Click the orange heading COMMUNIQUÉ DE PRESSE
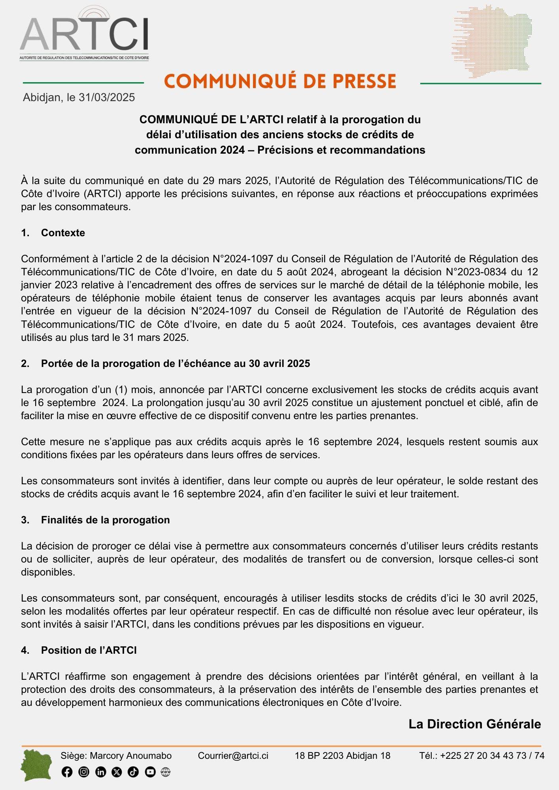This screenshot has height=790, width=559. (280, 81)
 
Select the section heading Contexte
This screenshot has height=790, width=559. (63, 233)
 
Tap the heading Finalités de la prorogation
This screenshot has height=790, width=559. (105, 520)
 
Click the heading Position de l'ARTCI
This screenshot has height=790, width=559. (89, 651)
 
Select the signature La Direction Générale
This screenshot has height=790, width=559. (474, 724)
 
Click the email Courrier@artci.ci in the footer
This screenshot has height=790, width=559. (233, 756)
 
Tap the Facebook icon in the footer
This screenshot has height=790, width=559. (67, 772)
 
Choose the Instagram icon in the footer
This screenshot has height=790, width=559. (84, 772)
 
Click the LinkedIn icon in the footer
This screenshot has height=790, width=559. (100, 772)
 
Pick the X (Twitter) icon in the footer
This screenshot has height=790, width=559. (117, 772)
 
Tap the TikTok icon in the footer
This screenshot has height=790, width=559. (133, 772)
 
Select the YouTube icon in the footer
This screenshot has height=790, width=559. (150, 772)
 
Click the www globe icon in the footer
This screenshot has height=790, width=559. (166, 772)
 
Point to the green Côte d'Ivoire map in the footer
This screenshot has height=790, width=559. (36, 766)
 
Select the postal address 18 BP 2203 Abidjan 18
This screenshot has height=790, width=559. (342, 756)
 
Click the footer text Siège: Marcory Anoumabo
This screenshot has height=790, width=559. (116, 756)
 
